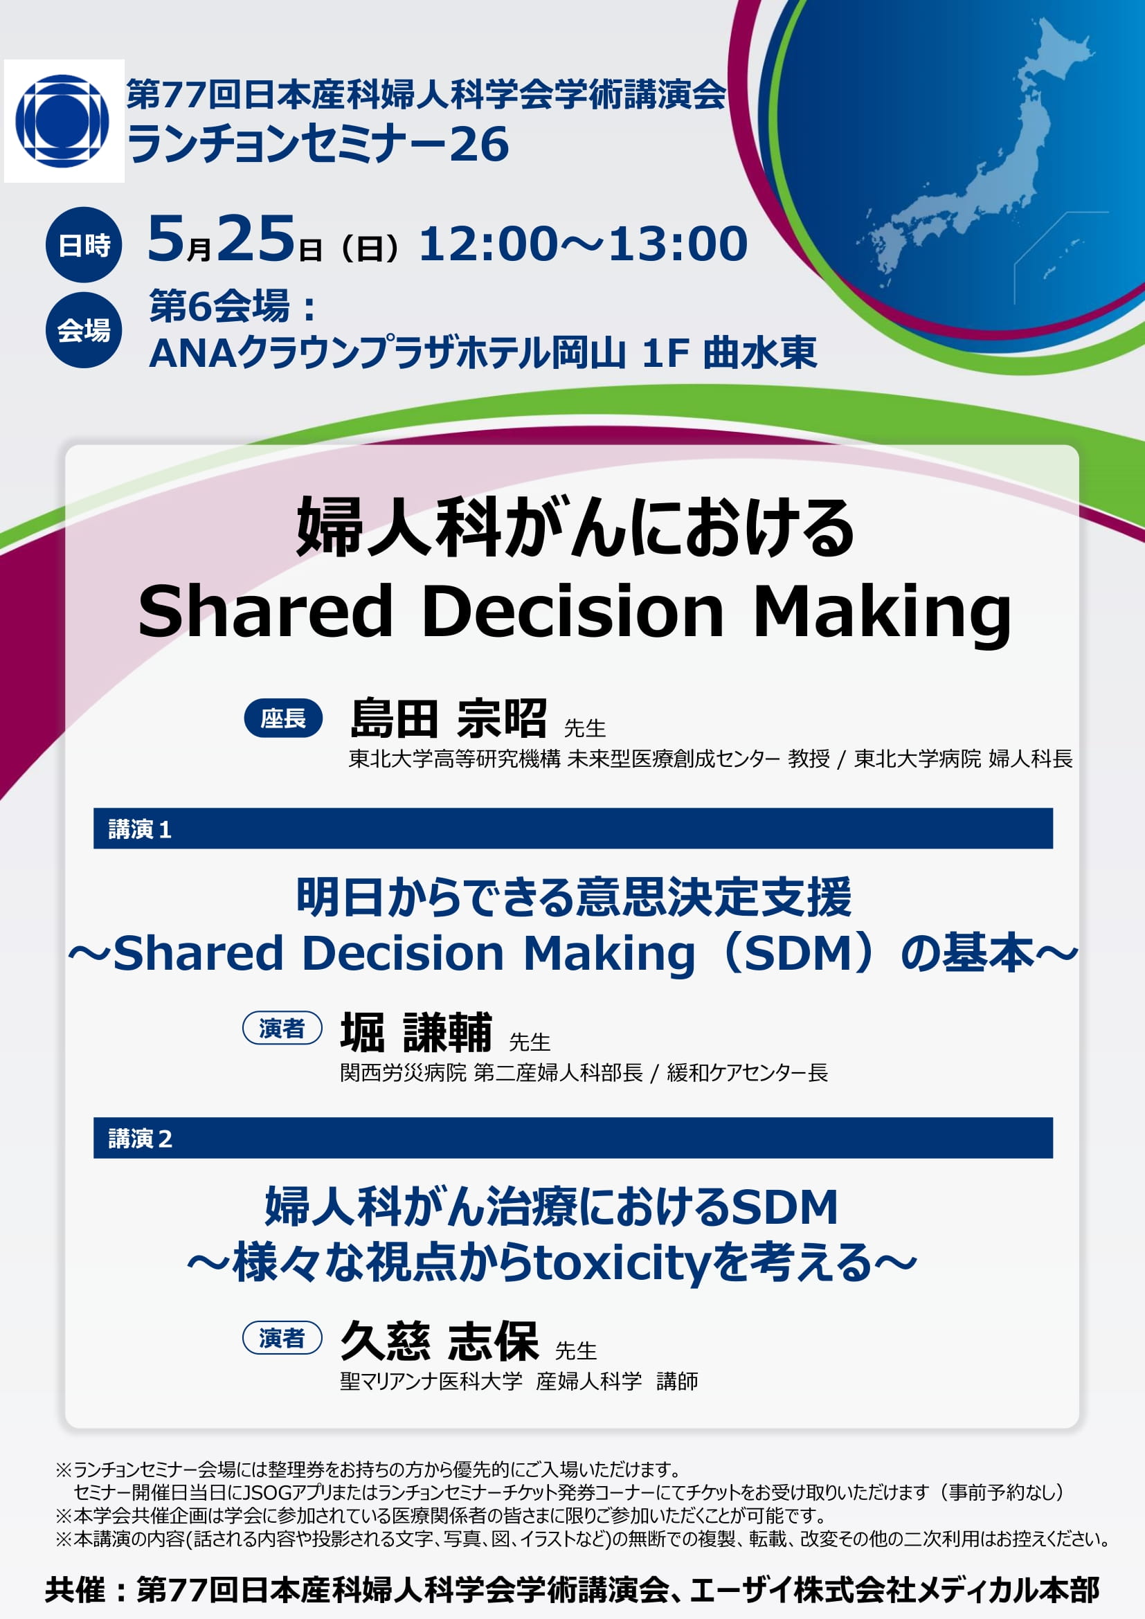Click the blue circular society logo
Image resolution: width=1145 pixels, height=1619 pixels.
point(62,121)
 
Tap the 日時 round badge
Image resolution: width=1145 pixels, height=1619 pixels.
point(84,244)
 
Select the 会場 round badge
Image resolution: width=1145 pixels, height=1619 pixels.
point(84,329)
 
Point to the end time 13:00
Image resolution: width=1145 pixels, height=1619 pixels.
point(678,244)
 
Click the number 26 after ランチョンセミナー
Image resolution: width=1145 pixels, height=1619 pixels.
point(479,145)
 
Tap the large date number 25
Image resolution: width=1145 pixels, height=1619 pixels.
point(256,238)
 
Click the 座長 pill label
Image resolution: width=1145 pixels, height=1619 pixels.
point(282,718)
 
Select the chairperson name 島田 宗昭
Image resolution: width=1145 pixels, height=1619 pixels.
point(449,718)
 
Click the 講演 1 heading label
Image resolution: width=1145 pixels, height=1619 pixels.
point(140,829)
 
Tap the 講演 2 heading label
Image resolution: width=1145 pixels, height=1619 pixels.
point(140,1138)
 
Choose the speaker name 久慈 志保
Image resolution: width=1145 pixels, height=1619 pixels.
point(440,1341)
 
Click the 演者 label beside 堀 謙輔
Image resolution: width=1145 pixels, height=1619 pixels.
point(282,1028)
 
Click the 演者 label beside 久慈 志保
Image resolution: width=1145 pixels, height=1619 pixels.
point(282,1338)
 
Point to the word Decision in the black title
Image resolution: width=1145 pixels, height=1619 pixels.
point(572,610)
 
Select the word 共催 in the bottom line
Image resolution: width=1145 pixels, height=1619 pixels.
point(75,1590)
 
